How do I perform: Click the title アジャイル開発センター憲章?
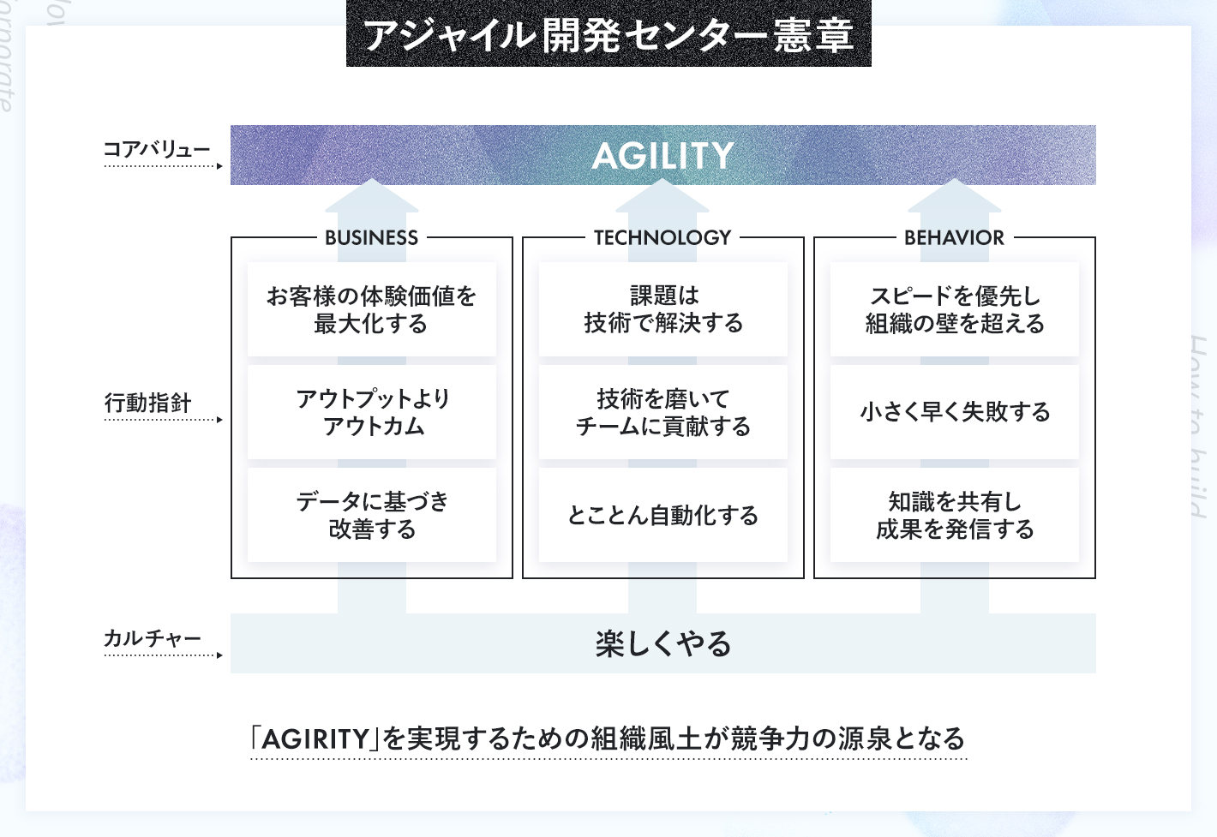coord(608,36)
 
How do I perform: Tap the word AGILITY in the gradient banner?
coord(662,156)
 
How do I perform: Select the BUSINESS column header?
coord(372,238)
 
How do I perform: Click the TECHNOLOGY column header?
coord(662,238)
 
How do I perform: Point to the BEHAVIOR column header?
coord(954,238)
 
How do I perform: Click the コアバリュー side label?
coord(157,149)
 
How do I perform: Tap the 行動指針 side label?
coord(147,403)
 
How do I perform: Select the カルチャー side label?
coord(153,638)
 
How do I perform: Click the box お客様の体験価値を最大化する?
coord(372,309)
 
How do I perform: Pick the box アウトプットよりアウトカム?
coord(372,412)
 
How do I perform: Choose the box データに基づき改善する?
coord(372,515)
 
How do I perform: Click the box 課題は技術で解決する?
coord(662,309)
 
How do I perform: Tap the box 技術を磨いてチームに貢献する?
coord(662,412)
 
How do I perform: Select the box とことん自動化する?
coord(662,515)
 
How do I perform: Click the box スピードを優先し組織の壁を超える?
coord(955,309)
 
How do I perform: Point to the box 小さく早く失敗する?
coord(955,412)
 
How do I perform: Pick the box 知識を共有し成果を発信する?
coord(955,515)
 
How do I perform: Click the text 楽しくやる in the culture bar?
coord(662,643)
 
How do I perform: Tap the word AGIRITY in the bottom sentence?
coord(315,739)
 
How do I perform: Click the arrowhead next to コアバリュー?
coord(219,166)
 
